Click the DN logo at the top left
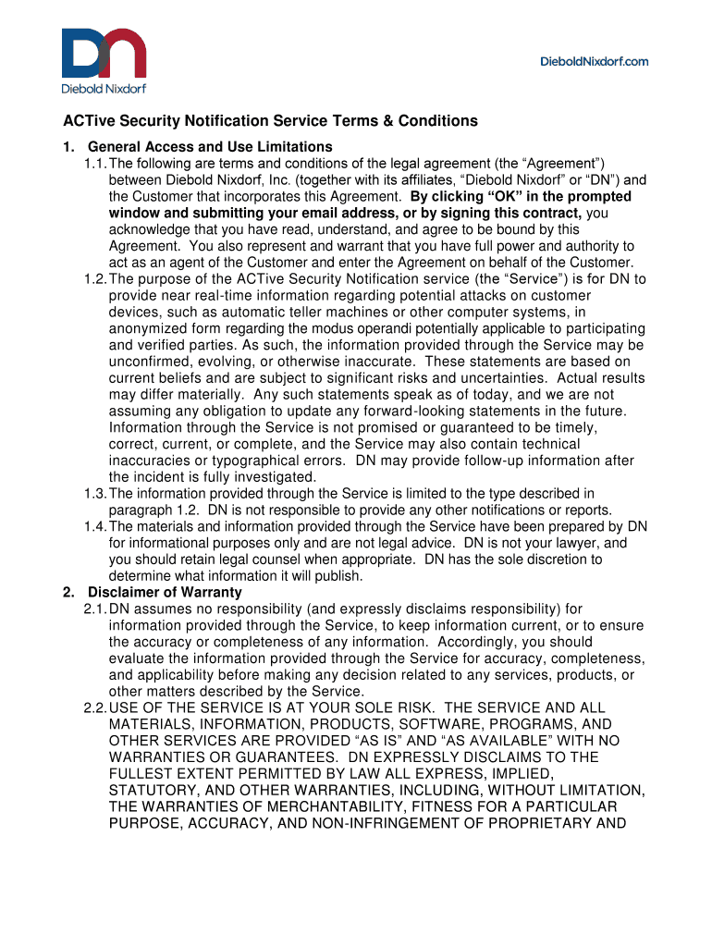click(x=104, y=54)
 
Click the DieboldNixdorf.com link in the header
click(x=594, y=61)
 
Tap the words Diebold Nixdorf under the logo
click(x=104, y=90)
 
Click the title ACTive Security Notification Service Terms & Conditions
click(x=270, y=121)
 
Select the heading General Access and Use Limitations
click(x=210, y=147)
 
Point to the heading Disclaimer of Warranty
click(x=165, y=592)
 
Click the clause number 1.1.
click(x=94, y=164)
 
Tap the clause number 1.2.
click(x=94, y=279)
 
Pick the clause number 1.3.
click(x=94, y=494)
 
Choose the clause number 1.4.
click(x=94, y=527)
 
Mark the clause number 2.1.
click(x=94, y=609)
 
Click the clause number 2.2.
click(x=94, y=708)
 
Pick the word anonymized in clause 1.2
click(x=145, y=329)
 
